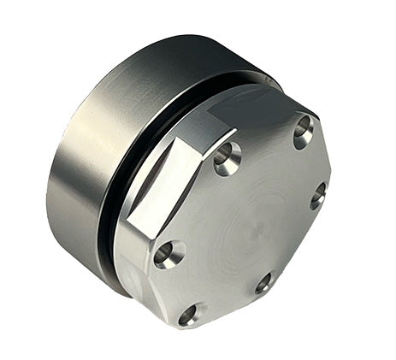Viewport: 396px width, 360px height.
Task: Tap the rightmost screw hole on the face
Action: tap(317, 195)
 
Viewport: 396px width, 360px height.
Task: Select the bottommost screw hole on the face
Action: tap(190, 315)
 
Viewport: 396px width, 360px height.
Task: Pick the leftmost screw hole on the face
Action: tap(168, 254)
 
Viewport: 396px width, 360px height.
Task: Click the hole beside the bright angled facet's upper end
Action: tap(227, 159)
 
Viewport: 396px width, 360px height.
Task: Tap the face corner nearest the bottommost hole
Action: tap(193, 328)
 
